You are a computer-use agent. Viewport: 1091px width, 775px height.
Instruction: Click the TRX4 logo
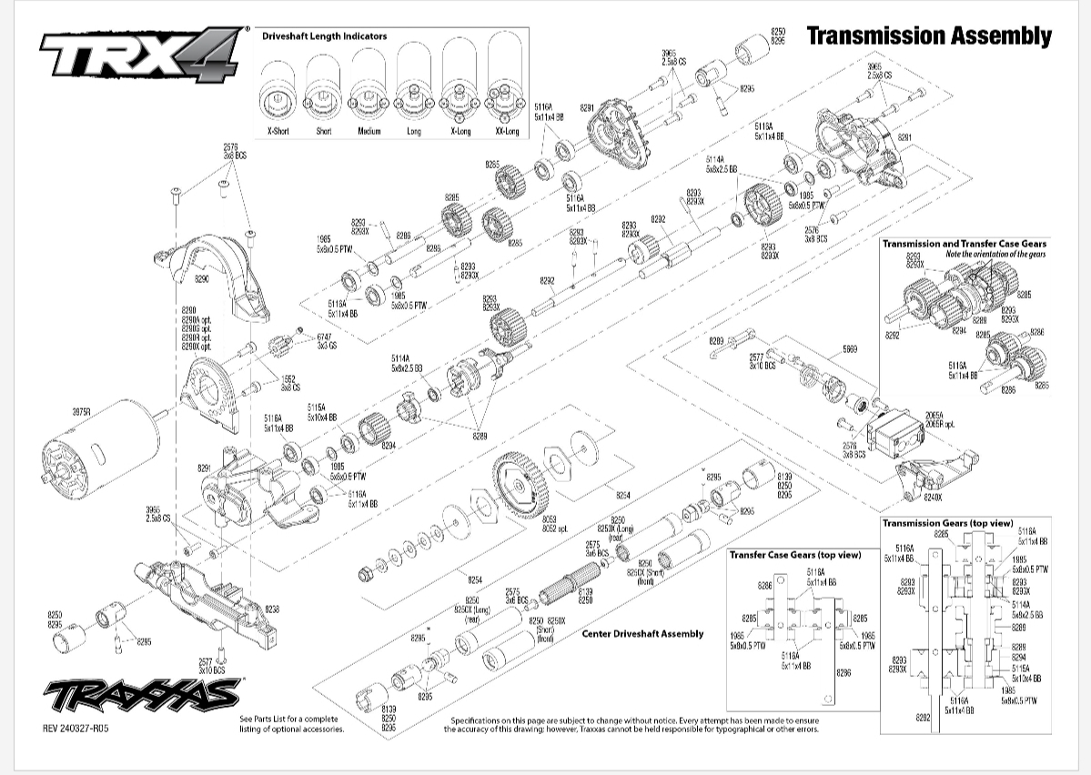tap(141, 55)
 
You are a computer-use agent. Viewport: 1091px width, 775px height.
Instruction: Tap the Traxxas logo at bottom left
tap(142, 697)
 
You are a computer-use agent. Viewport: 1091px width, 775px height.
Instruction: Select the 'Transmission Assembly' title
tap(928, 36)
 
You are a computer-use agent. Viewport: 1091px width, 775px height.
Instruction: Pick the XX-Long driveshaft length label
tap(507, 132)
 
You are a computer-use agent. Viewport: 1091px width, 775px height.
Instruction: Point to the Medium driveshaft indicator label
tap(369, 132)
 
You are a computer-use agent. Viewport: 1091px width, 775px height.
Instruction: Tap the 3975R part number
tap(82, 412)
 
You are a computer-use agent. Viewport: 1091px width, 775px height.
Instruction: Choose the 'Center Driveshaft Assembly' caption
tap(642, 634)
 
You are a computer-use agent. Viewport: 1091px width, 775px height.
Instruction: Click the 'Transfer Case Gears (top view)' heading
tap(795, 553)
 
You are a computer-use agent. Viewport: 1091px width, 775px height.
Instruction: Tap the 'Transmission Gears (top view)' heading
tap(947, 523)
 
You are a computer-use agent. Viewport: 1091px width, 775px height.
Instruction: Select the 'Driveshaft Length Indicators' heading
tap(324, 36)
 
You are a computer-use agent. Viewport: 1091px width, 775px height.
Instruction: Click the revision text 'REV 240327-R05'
tap(81, 727)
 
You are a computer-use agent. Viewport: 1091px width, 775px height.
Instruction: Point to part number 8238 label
tap(272, 609)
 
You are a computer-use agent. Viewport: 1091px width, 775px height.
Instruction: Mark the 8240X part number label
tap(933, 498)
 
